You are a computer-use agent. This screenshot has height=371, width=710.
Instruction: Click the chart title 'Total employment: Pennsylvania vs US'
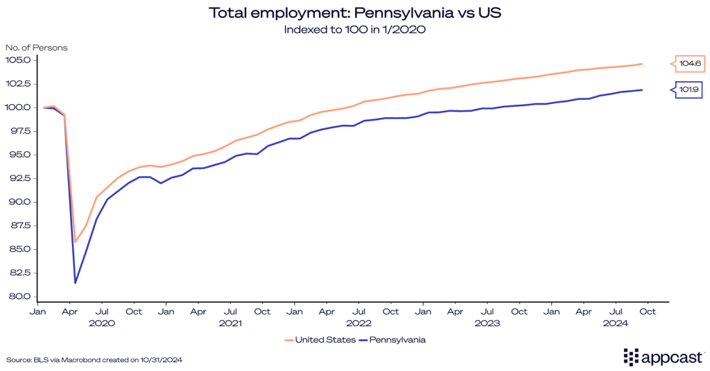click(x=354, y=12)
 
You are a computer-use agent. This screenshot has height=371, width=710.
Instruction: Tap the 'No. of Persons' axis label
click(x=36, y=47)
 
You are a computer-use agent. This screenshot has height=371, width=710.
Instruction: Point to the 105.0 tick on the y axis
click(x=19, y=60)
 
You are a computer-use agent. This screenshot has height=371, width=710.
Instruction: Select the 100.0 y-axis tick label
click(x=19, y=107)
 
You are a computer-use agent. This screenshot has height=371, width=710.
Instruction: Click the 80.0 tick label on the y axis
click(x=20, y=297)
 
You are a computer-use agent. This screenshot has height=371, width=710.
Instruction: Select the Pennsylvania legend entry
click(x=397, y=340)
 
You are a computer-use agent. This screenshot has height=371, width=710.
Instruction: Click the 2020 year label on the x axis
click(x=102, y=323)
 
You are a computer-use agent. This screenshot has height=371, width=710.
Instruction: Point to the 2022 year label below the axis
click(x=359, y=323)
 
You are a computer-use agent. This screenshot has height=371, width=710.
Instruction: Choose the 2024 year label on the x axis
click(x=616, y=323)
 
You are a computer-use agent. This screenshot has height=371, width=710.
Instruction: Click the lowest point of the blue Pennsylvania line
click(x=75, y=282)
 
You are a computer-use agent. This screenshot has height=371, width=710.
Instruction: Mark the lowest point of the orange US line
click(x=75, y=242)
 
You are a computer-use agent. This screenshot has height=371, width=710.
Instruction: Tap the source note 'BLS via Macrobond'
click(x=94, y=359)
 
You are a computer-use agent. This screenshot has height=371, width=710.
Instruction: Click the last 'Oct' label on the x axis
click(x=648, y=312)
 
